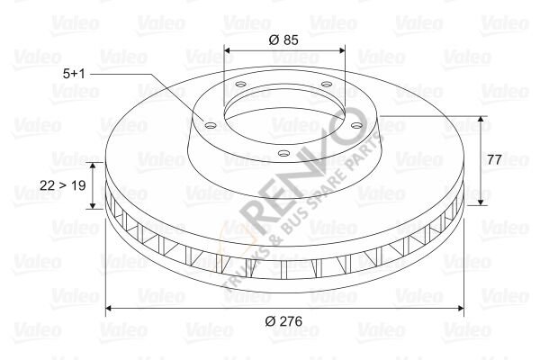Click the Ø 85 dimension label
tap(283, 40)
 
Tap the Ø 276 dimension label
tap(283, 321)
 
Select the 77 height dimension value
tap(494, 159)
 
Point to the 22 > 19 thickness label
tap(63, 185)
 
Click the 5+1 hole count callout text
tap(74, 74)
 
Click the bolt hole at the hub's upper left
tap(240, 84)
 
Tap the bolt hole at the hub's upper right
tap(326, 84)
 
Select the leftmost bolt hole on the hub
tap(210, 125)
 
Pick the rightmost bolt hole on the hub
tap(356, 125)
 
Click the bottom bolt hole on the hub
tap(283, 153)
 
